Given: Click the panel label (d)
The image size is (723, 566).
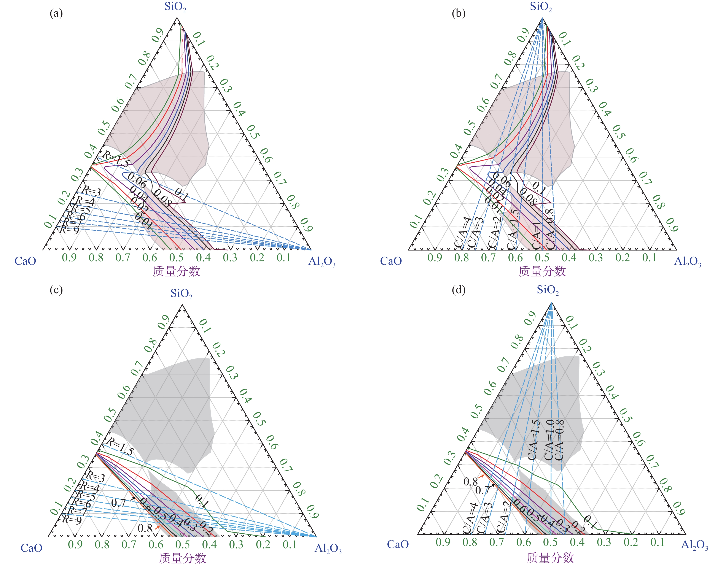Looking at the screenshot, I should [x=459, y=290].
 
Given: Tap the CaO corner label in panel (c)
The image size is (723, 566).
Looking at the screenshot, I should [x=32, y=548].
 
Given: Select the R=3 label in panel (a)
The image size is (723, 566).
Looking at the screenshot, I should [x=91, y=191].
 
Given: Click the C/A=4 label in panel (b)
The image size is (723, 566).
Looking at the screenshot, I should [x=462, y=232].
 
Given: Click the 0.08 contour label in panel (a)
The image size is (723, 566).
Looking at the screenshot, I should [x=162, y=198].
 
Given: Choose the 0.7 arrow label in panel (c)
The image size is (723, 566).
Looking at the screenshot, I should [x=118, y=503].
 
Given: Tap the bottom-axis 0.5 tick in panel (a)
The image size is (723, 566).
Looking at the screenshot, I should [x=176, y=257].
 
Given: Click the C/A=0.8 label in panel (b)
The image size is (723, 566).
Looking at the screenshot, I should [x=549, y=229].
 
